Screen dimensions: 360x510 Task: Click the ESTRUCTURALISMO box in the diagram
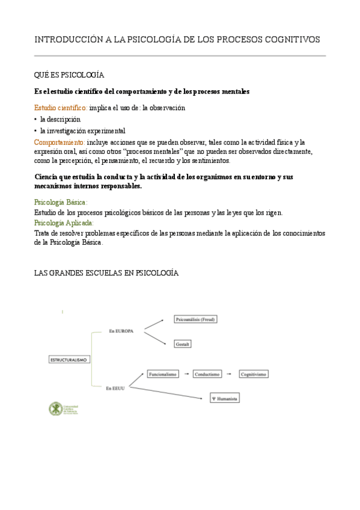(67, 359)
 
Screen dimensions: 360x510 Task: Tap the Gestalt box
(183, 344)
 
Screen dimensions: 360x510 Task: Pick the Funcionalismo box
(163, 374)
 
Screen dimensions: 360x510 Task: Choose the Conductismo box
(207, 374)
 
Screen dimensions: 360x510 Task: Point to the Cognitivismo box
(253, 374)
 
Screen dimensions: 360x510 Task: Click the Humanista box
(224, 399)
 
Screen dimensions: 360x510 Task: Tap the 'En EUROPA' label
(121, 331)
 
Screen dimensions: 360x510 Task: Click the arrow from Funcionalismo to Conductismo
(187, 374)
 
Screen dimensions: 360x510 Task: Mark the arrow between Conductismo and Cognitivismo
(230, 374)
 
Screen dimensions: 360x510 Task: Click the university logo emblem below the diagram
(55, 409)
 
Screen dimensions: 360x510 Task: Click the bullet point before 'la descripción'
(36, 119)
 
